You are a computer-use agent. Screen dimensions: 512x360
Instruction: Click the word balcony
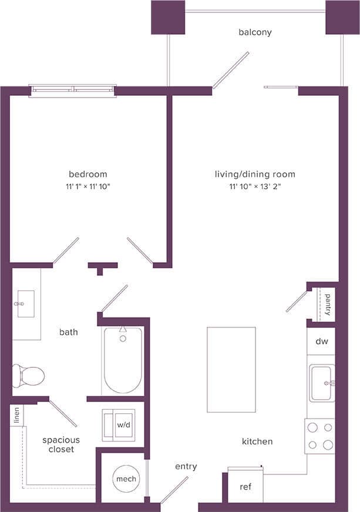[x=255, y=32]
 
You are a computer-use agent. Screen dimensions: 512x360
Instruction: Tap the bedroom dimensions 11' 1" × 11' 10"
[x=88, y=186]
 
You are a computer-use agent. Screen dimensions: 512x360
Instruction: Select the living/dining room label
[x=255, y=174]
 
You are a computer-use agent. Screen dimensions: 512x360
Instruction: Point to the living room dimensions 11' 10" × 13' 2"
[x=255, y=186]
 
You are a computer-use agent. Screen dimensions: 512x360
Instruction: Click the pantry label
[x=327, y=304]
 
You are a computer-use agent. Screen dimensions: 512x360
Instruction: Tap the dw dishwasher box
[x=321, y=341]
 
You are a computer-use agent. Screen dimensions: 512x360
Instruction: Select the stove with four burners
[x=320, y=436]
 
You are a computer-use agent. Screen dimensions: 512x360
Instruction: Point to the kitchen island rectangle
[x=231, y=370]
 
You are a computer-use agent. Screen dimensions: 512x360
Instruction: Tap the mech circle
[x=126, y=478]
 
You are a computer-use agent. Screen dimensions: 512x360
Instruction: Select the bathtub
[x=122, y=360]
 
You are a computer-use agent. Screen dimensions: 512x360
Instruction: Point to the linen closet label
[x=16, y=416]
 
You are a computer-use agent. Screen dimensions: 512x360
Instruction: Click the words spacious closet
[x=61, y=444]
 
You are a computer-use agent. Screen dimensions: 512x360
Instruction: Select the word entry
[x=186, y=466]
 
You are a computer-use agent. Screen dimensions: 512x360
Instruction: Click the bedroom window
[x=73, y=90]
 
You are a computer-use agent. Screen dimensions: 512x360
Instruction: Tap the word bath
[x=69, y=332]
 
